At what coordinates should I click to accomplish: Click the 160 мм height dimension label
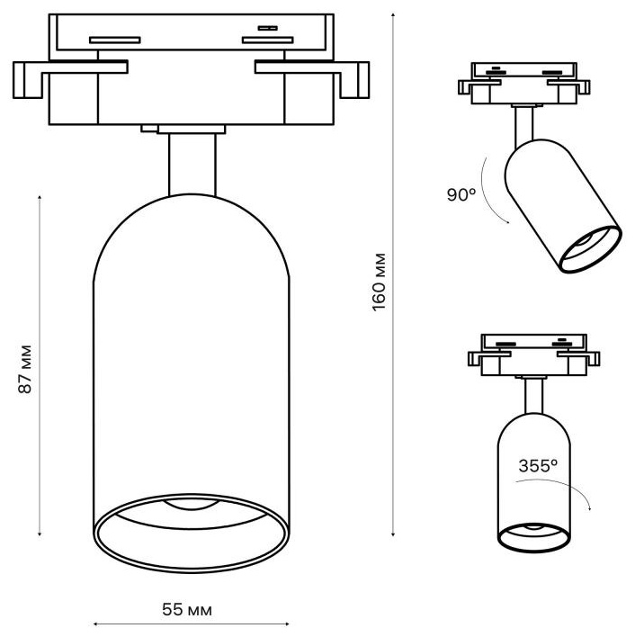coord(379,283)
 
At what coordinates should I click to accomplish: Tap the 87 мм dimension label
coord(25,369)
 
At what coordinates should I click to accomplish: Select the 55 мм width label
coord(187,609)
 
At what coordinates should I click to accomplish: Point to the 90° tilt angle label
coord(461,194)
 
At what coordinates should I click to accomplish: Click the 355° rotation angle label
coord(538,465)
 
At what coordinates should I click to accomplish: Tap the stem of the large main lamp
coord(192,164)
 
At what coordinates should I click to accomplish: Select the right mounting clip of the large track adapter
coord(312,79)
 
